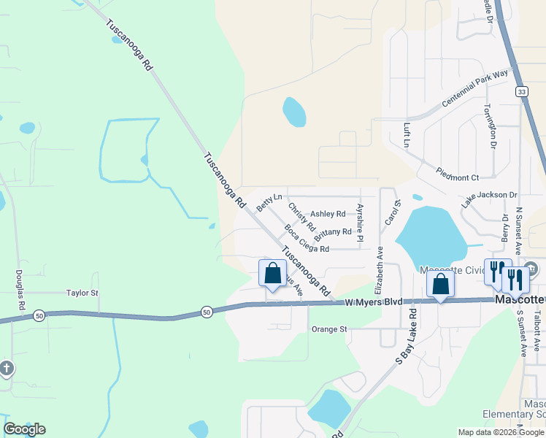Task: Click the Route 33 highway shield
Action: click(520, 91)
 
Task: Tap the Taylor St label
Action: click(82, 293)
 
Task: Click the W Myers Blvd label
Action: click(374, 301)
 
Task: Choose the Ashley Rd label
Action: click(328, 214)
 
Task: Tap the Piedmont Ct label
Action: click(458, 177)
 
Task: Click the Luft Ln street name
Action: click(407, 135)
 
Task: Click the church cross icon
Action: click(6, 368)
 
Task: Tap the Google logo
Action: click(24, 429)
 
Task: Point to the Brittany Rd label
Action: click(333, 234)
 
